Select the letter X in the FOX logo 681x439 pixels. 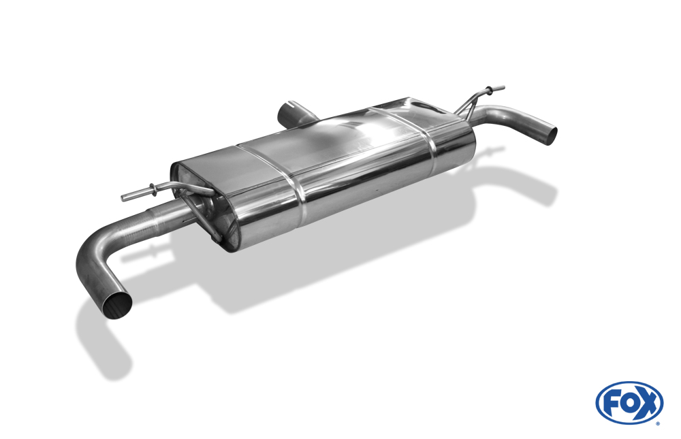(x=647, y=403)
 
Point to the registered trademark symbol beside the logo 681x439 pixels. (x=658, y=423)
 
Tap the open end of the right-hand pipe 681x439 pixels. (x=551, y=135)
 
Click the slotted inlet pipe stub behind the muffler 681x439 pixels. (x=296, y=114)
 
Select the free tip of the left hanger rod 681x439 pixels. (x=123, y=198)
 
